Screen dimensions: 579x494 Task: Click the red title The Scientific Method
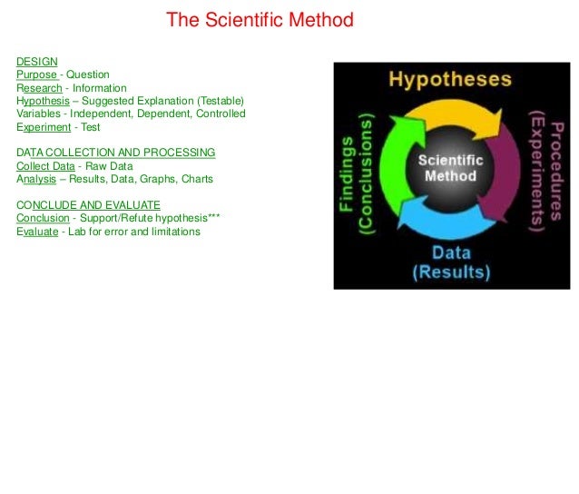click(x=260, y=20)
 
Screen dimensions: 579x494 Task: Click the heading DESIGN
click(x=36, y=62)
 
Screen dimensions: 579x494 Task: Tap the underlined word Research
click(x=39, y=88)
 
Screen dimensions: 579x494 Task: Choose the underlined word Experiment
click(x=44, y=127)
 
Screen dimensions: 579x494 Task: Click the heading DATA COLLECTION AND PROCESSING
click(x=115, y=153)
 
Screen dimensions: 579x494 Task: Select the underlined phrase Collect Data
click(x=45, y=166)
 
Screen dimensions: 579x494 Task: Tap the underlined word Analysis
click(x=36, y=179)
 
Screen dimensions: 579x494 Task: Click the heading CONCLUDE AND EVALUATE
click(x=88, y=205)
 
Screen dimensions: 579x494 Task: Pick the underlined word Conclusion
click(x=43, y=219)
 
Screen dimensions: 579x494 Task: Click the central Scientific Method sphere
click(x=450, y=168)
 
